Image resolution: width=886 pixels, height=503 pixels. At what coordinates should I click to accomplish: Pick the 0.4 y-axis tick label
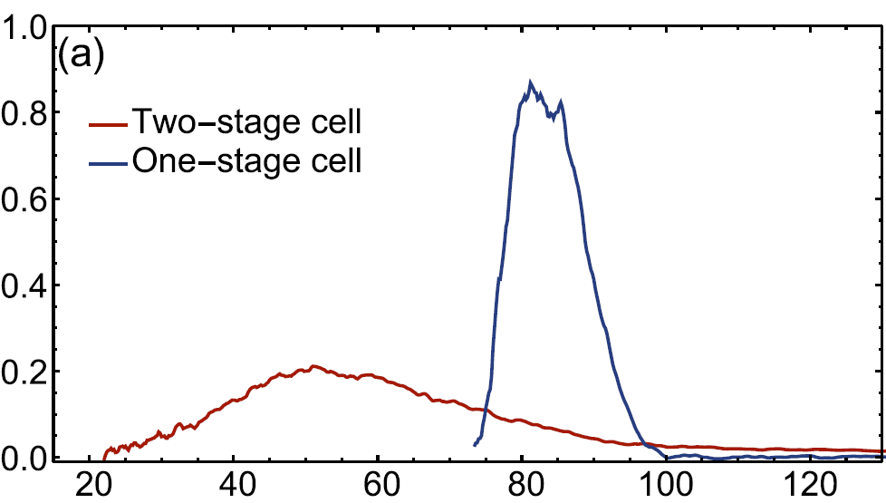[x=25, y=285]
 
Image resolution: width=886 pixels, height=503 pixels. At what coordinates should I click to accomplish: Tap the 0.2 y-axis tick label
[x=25, y=372]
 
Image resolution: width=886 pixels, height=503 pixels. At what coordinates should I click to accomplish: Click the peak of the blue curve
[x=531, y=82]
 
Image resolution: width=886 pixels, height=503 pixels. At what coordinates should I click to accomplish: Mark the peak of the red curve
[x=313, y=366]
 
